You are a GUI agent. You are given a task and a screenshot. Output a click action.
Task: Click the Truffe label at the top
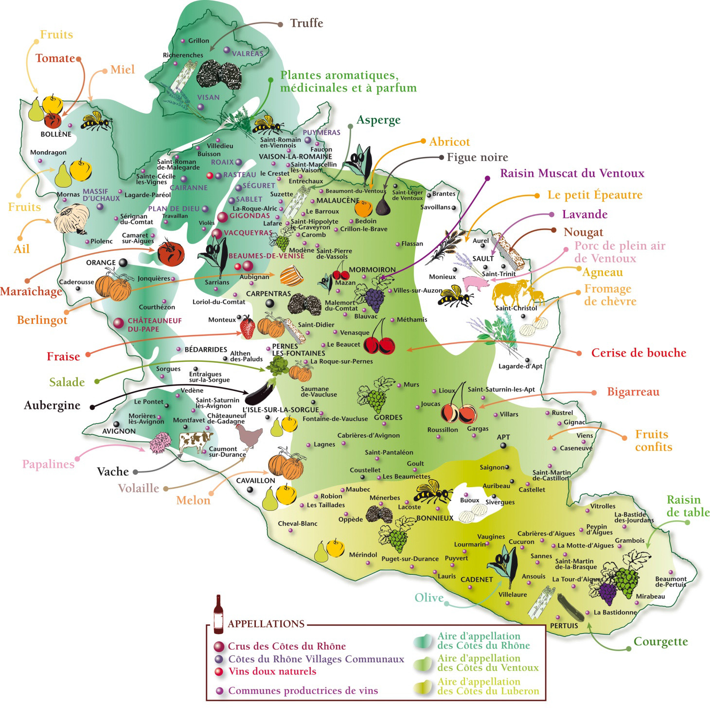coord(306,23)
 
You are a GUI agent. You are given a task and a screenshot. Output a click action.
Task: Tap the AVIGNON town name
coord(119,431)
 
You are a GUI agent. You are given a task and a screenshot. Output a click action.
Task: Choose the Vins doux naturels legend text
coord(272,672)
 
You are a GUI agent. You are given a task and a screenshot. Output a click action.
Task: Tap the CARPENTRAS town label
coord(268,294)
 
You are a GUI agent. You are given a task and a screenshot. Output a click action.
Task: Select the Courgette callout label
coord(660,642)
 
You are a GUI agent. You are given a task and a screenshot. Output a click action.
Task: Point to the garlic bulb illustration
coord(72,219)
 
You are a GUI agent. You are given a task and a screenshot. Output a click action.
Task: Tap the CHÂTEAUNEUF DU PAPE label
coord(148,325)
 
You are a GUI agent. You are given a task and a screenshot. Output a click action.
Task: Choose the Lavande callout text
coord(585,214)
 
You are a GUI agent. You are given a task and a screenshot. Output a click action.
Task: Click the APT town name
coord(503,437)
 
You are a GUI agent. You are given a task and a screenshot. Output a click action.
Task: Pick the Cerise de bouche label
coord(639,353)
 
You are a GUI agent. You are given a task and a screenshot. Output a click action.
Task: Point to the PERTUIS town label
coord(564,626)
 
